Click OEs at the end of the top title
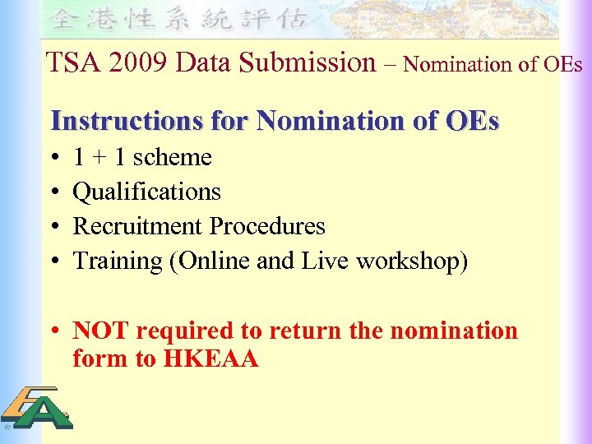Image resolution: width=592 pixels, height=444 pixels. click(564, 63)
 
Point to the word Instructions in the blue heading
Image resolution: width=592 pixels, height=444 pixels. click(125, 121)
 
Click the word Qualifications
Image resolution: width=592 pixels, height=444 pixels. click(147, 192)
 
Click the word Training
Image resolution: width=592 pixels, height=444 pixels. click(113, 261)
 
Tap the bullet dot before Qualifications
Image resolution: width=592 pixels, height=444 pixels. click(53, 192)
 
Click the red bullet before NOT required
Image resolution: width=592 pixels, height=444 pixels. click(53, 331)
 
